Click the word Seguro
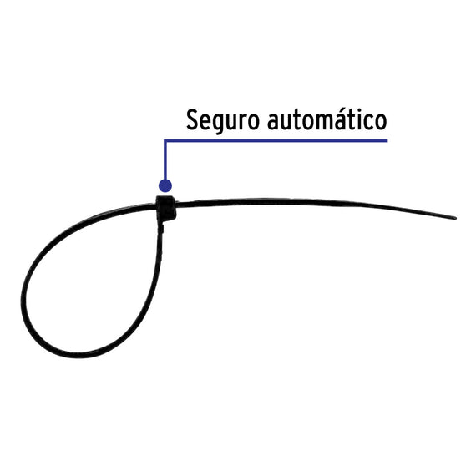pos(223,120)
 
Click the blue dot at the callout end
pos(165,185)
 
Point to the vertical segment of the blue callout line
pos(165,160)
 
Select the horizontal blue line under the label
pos(276,141)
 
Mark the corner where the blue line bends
pos(165,141)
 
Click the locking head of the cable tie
pos(165,208)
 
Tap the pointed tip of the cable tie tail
pos(456,218)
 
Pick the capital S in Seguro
pos(192,120)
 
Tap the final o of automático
pos(381,122)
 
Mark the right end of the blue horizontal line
pos(387,141)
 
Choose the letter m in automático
pos(324,122)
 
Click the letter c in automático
pos(367,122)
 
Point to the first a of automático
pos(274,122)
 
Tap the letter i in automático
pos(357,119)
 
